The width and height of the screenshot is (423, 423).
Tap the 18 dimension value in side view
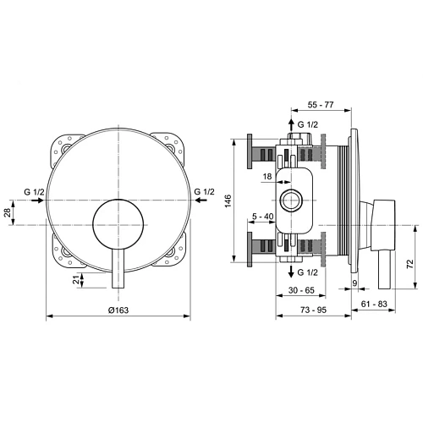(x=267, y=176)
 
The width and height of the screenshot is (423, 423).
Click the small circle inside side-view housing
(x=292, y=201)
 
